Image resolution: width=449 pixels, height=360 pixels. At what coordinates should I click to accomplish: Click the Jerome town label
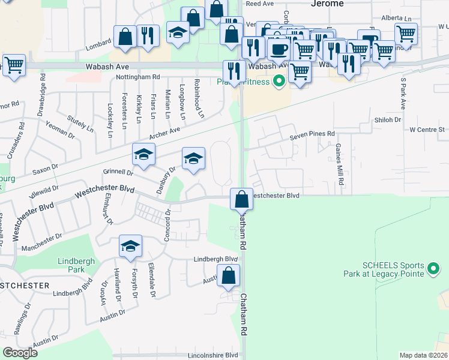[x=328, y=4]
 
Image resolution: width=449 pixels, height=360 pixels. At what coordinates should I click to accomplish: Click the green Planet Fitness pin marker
[x=279, y=80]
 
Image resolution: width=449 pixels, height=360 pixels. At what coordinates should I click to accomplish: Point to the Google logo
[x=20, y=353]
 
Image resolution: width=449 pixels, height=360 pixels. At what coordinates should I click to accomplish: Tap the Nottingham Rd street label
[x=138, y=77]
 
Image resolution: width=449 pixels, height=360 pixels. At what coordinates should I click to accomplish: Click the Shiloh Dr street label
[x=388, y=120]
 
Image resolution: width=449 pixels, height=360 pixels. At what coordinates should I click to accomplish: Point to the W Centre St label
[x=426, y=129]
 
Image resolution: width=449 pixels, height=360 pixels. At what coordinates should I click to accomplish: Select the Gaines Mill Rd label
[x=339, y=160]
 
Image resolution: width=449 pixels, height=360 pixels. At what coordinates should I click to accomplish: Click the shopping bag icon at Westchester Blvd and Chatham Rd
[x=241, y=199]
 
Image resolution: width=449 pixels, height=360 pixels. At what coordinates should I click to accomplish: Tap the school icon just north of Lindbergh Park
[x=130, y=246]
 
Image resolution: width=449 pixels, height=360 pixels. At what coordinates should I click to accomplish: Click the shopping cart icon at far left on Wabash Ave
[x=14, y=65]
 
